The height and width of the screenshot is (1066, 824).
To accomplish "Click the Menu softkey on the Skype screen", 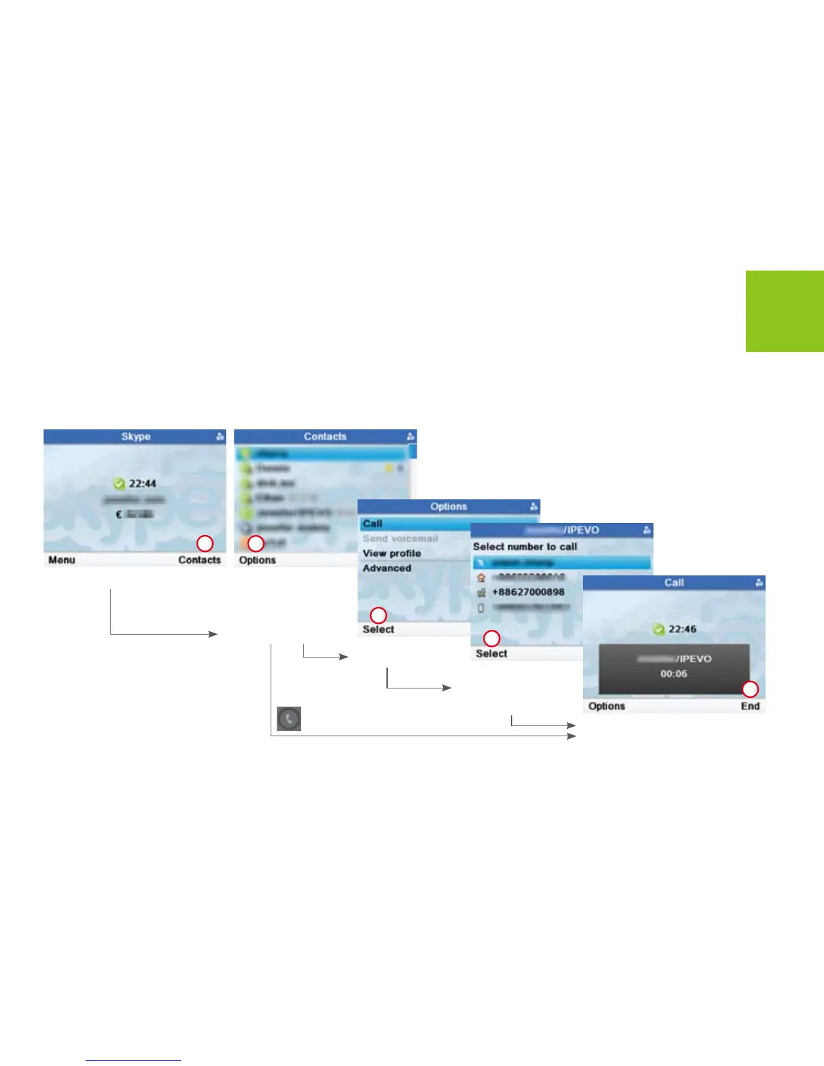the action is (x=61, y=560).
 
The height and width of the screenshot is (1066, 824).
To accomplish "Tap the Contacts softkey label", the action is (x=199, y=560).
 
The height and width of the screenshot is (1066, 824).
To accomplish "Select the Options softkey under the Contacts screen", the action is (x=257, y=560).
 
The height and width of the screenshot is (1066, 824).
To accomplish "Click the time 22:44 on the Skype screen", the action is (x=142, y=483).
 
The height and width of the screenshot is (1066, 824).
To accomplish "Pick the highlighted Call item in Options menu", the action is (x=372, y=524).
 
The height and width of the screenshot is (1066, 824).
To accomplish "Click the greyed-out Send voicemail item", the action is (x=400, y=538).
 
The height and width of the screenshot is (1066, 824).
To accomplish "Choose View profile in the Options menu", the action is (x=392, y=553).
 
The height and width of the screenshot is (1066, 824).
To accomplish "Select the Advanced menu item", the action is (x=386, y=568).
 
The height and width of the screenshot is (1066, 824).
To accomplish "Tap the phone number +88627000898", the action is (x=528, y=592).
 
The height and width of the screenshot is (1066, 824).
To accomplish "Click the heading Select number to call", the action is (x=525, y=546).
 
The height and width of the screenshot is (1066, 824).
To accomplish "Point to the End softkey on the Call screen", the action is (x=750, y=706).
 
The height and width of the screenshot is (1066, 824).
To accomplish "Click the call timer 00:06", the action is (x=673, y=674).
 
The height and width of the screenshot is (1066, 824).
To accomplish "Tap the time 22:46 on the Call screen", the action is (x=682, y=629).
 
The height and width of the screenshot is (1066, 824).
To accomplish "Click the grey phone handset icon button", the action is (x=289, y=719).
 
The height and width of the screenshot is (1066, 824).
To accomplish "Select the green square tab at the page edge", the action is (x=784, y=311).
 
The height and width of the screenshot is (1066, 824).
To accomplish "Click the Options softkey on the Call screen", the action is (x=606, y=706).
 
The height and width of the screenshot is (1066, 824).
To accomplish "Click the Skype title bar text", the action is (x=135, y=436).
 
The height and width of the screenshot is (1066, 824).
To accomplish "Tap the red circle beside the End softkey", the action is (x=750, y=689).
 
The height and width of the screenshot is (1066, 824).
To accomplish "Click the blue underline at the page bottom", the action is (x=133, y=1061).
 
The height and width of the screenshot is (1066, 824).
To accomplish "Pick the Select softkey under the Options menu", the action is (x=378, y=629).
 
